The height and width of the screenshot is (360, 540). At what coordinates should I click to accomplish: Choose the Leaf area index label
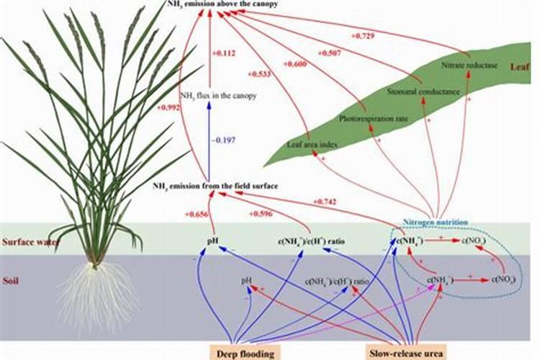click(308, 144)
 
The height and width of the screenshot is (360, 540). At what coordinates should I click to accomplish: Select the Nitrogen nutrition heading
click(436, 223)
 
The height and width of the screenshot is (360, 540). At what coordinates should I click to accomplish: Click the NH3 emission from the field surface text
click(216, 186)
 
